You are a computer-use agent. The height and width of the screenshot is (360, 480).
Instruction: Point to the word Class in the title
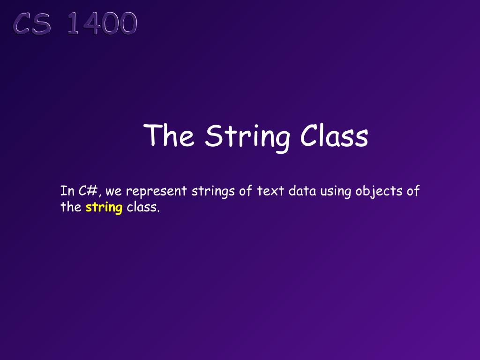(334, 136)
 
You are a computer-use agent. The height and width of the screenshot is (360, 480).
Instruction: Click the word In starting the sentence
(67, 191)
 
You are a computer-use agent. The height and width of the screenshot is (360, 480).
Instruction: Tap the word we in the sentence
(114, 192)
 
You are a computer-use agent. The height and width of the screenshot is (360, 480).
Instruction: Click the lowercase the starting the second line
(71, 207)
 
